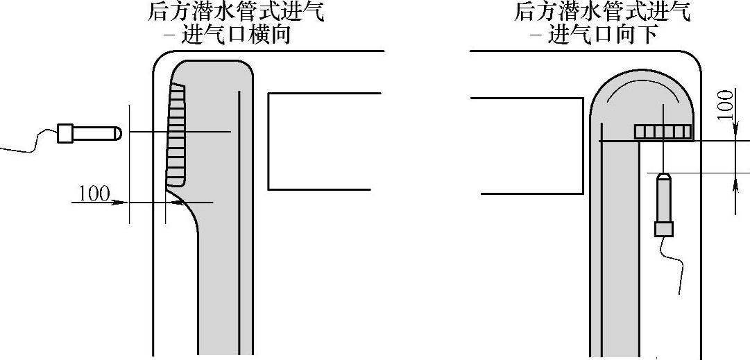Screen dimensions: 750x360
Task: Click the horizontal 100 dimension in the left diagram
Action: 94,193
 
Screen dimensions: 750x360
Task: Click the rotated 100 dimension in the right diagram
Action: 726,104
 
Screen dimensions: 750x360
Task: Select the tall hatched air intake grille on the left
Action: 178,135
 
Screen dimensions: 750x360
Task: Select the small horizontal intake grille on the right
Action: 663,132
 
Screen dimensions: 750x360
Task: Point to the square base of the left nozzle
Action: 65,132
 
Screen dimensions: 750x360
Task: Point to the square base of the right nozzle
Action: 664,228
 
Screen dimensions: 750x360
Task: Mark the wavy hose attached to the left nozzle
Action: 31,141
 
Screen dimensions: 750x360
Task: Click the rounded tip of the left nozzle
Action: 117,132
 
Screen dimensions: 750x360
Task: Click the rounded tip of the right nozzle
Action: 664,178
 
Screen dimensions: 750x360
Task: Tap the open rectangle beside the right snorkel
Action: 527,146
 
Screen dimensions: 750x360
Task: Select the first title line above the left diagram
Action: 235,12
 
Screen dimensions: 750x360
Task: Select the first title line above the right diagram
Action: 602,12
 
